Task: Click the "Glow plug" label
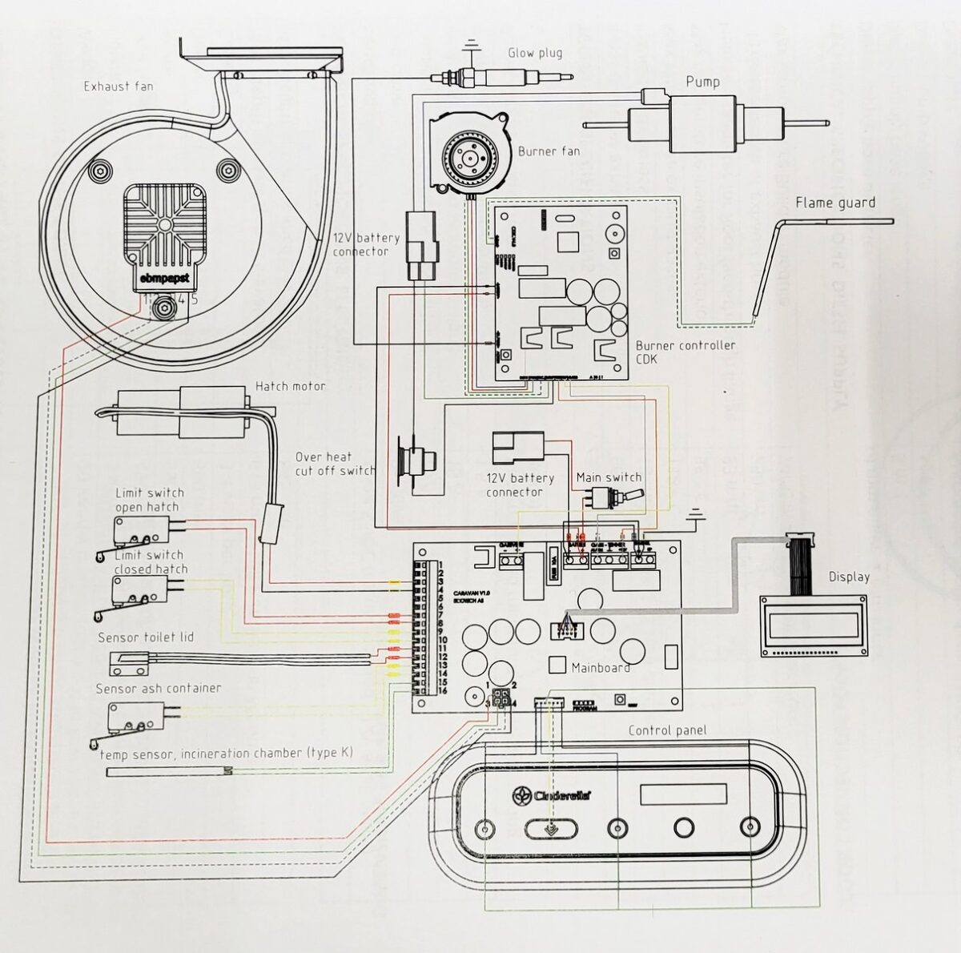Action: coord(535,54)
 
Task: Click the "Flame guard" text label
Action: coord(834,203)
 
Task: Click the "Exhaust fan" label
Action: coord(119,86)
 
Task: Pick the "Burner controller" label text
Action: coord(685,345)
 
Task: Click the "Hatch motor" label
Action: coord(290,386)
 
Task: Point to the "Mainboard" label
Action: coord(600,667)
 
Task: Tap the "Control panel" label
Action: coord(667,730)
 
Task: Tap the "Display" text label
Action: coord(849,577)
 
